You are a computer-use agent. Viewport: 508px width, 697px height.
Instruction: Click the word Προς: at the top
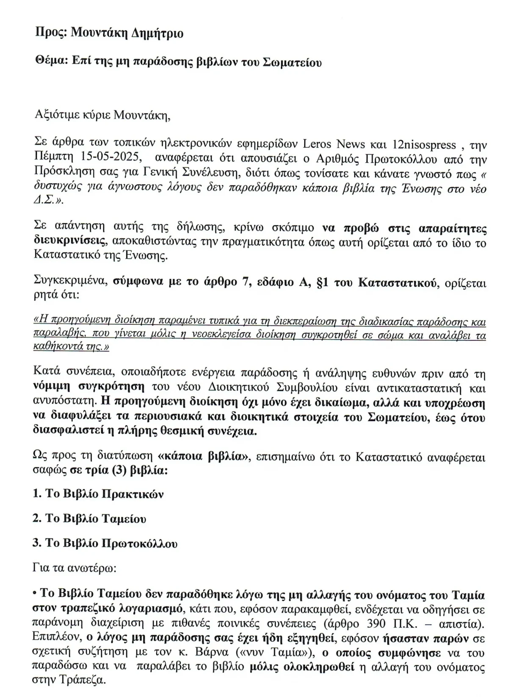click(x=50, y=33)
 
